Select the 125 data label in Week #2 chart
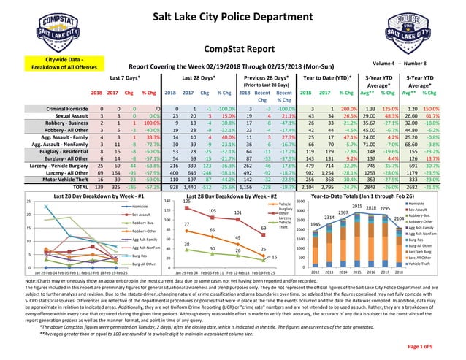pos(187,201)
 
